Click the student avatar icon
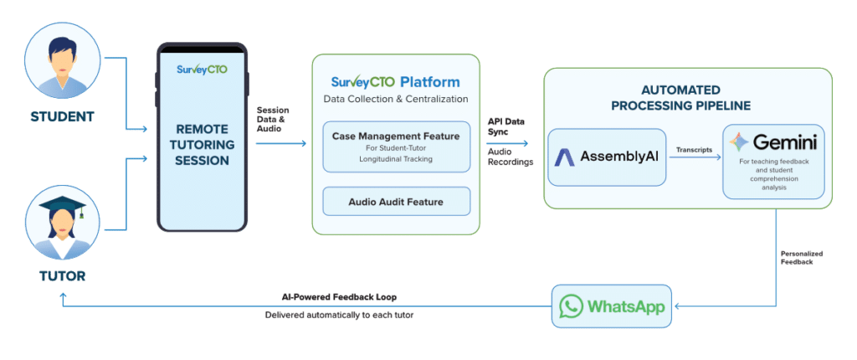click(63, 61)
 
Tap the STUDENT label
click(63, 116)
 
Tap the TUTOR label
click(63, 275)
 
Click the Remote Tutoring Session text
click(202, 144)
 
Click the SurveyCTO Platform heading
click(395, 82)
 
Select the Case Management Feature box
click(396, 147)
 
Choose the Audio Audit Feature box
click(396, 201)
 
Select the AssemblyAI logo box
click(607, 157)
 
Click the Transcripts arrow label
click(695, 151)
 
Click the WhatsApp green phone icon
click(572, 306)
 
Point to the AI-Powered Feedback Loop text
click(339, 297)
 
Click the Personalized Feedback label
click(802, 257)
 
